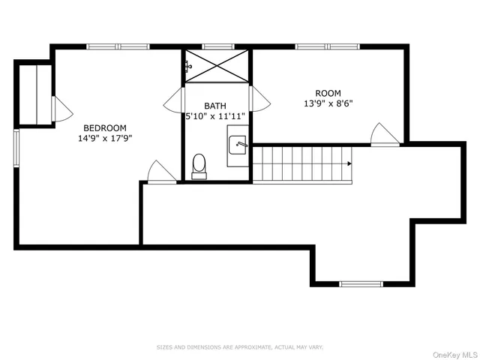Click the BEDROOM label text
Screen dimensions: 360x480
[x=104, y=127]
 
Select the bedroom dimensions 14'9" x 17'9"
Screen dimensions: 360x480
[x=104, y=138]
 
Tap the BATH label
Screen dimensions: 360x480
[x=215, y=106]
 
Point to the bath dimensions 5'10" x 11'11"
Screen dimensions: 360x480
[x=215, y=117]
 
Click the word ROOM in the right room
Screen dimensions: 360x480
[x=328, y=94]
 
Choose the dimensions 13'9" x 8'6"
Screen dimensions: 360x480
[x=328, y=104]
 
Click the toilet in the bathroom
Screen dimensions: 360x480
[x=199, y=166]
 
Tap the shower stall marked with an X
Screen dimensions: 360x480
[x=217, y=66]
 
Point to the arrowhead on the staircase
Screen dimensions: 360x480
[x=349, y=163]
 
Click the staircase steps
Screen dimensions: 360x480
[x=300, y=163]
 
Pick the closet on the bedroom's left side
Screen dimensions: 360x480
[x=35, y=94]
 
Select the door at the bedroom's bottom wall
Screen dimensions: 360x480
[x=160, y=172]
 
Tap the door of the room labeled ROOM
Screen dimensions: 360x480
[x=385, y=135]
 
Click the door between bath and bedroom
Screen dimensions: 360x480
[x=174, y=100]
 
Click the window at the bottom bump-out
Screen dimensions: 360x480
[x=361, y=283]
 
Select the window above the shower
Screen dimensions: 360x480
[x=217, y=46]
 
